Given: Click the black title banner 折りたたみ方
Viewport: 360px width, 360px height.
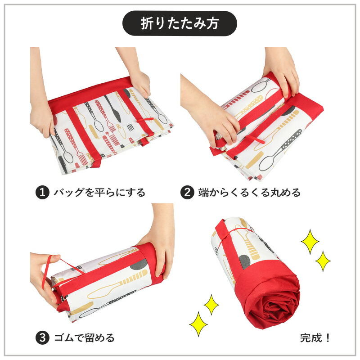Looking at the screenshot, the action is (180, 23).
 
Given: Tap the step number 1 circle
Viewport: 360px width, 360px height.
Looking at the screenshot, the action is (42, 193).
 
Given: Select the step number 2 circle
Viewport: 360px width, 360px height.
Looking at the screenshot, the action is (187, 193).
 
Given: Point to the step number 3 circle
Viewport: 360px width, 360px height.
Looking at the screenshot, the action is (42, 338).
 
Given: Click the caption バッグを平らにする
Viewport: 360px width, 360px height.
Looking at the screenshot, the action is (99, 193).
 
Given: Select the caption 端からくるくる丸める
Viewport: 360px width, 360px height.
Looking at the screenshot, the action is (249, 193).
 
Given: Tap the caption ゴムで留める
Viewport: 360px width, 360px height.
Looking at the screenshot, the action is (84, 338).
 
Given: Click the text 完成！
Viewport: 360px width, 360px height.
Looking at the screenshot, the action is (315, 338).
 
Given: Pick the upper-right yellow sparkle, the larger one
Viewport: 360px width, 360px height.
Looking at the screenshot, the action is (310, 242).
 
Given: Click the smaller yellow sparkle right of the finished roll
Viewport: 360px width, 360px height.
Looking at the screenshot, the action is (323, 261).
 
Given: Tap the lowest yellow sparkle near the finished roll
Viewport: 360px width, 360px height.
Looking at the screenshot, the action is (198, 324).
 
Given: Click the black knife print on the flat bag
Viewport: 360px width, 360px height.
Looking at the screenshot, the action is (113, 108).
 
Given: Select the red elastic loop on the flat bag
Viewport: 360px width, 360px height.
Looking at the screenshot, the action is (145, 120).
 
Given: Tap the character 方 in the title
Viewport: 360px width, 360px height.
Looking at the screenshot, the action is (212, 23).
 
